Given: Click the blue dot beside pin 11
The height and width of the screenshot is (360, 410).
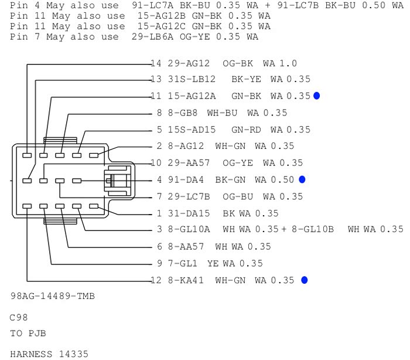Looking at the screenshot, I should [317, 96].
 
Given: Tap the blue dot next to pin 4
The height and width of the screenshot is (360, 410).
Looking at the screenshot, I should [302, 179].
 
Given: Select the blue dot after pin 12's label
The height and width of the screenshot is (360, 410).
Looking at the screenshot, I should [304, 280].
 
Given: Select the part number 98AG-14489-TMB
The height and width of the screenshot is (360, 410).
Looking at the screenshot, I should [53, 297].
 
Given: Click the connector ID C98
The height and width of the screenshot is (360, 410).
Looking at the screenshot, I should [19, 317].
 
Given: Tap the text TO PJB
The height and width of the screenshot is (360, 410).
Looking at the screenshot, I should [28, 334].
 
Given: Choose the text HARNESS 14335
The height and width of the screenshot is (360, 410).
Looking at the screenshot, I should [49, 354].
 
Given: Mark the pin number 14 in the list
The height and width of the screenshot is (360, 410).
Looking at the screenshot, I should [155, 63].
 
